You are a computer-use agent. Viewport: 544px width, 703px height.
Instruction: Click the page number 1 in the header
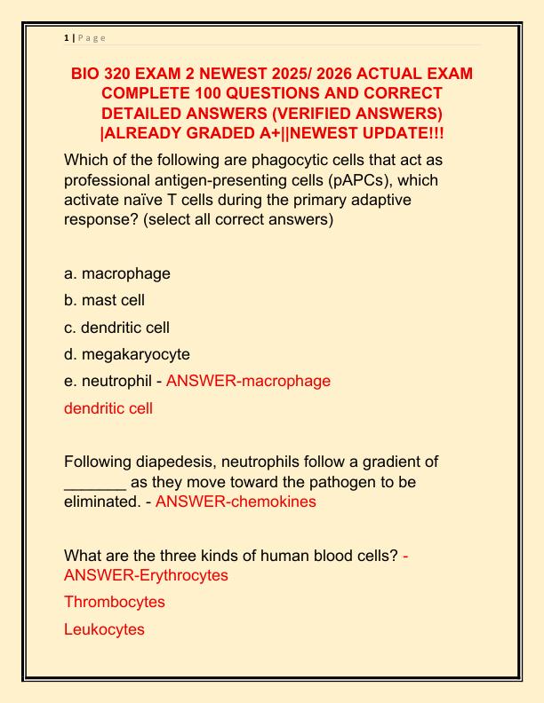click(x=67, y=38)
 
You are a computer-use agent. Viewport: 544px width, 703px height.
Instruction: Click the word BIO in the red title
click(x=87, y=74)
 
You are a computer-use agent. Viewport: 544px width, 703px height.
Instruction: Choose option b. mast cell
click(x=104, y=300)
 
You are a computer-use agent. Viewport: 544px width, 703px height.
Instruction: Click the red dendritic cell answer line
click(x=108, y=408)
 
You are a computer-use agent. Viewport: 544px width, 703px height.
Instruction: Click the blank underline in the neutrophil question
click(x=94, y=482)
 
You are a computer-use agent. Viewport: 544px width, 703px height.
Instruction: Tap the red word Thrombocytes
click(x=114, y=602)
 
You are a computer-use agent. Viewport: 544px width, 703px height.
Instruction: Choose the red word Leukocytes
click(x=104, y=629)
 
